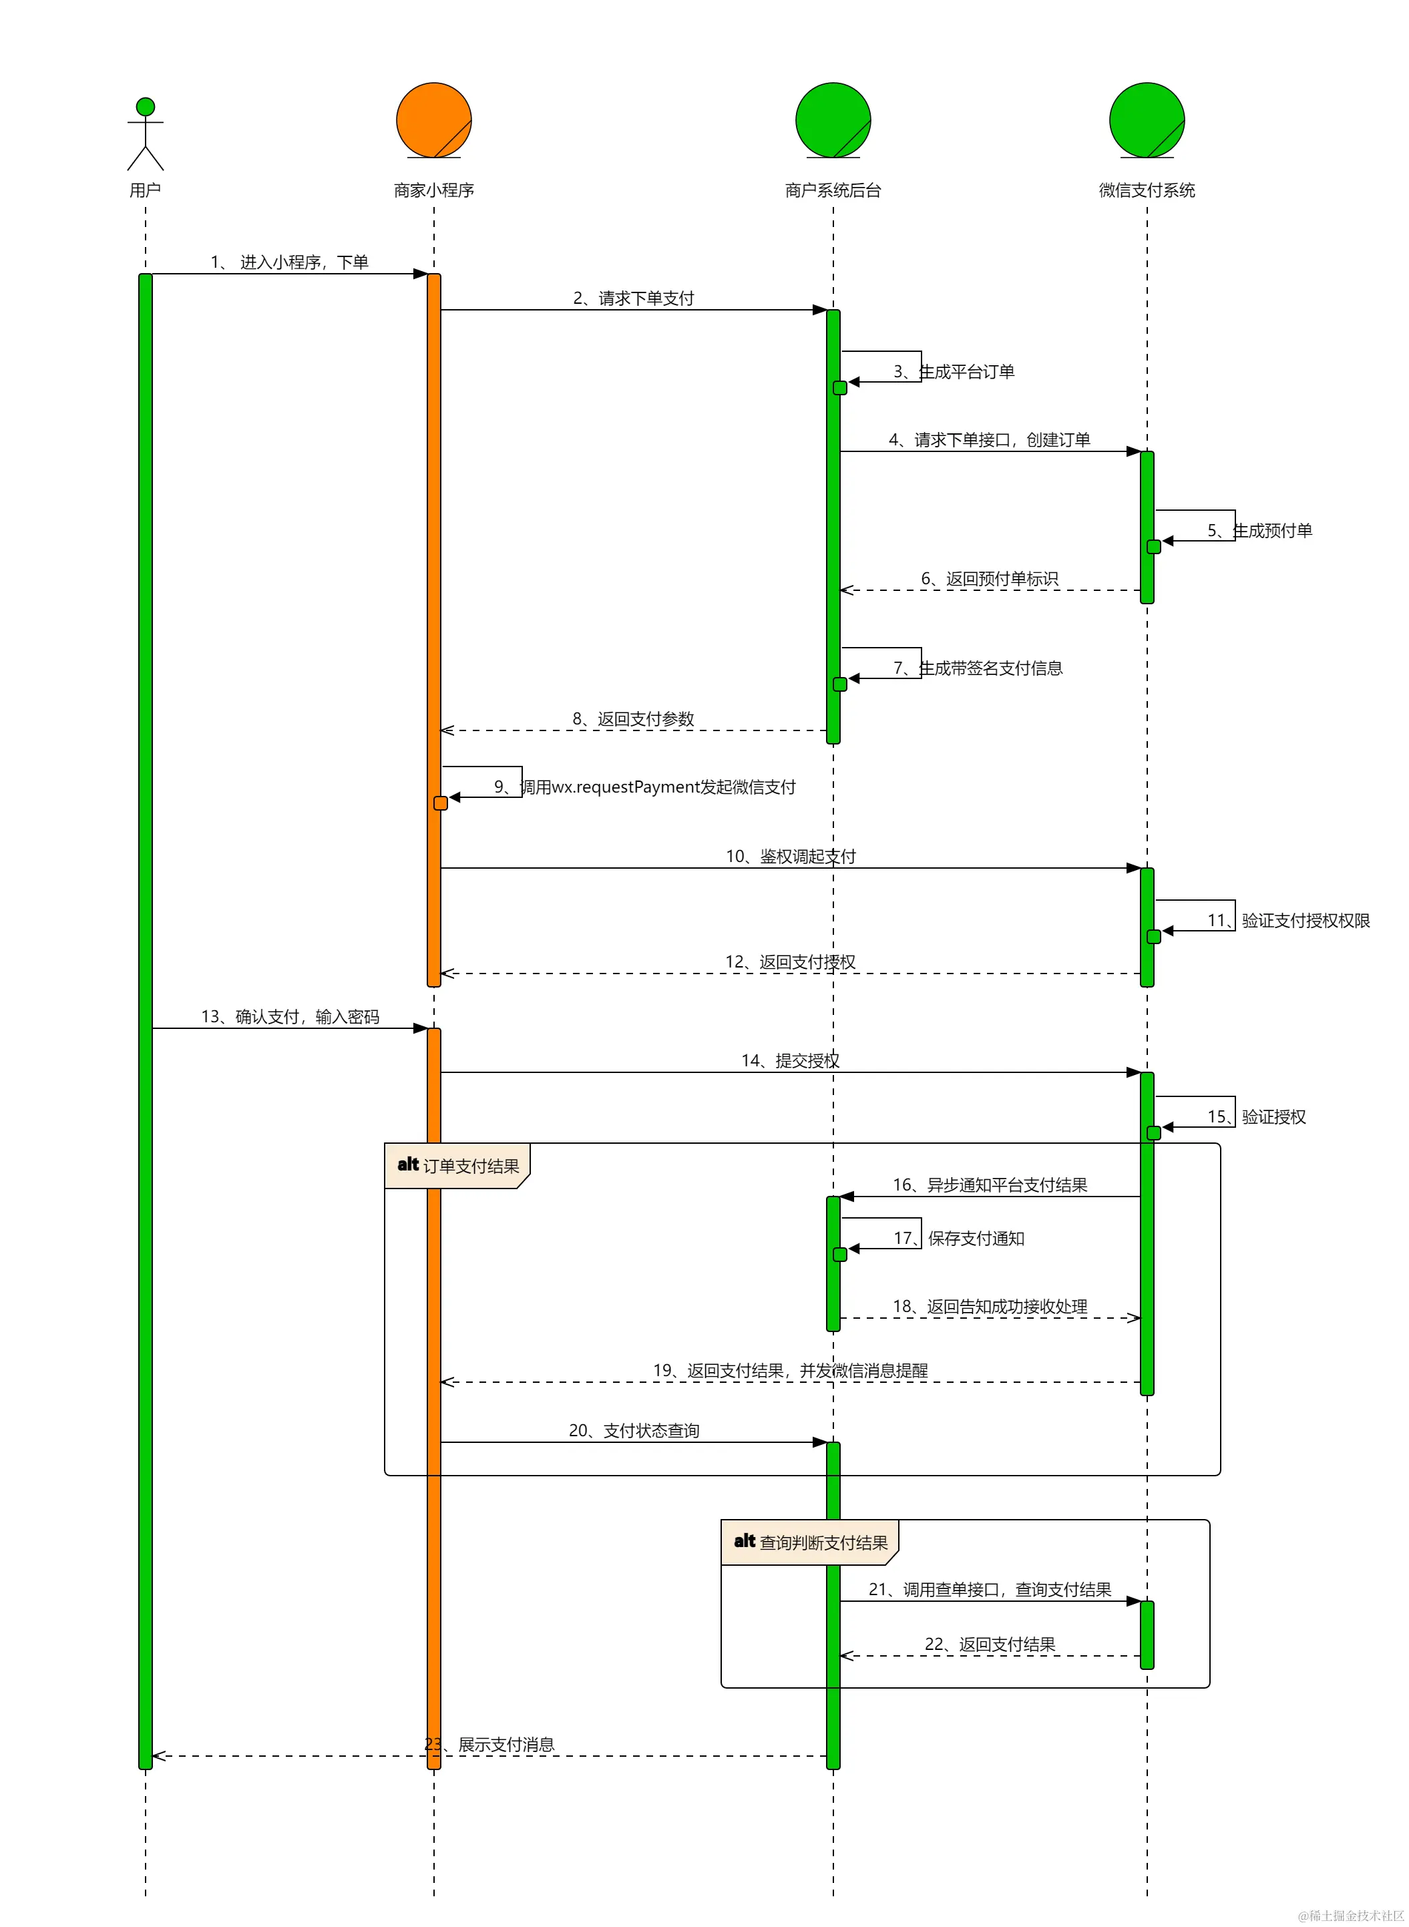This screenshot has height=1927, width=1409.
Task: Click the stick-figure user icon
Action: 145,134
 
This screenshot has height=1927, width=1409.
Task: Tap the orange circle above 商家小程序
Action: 434,120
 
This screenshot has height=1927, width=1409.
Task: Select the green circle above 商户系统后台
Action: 833,120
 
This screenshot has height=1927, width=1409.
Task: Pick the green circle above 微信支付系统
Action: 1147,120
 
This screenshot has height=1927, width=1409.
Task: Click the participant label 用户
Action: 145,190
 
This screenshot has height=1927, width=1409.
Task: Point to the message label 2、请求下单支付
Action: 634,298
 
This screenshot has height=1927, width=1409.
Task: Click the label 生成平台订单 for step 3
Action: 967,372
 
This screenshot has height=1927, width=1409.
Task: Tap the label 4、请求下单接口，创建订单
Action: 990,440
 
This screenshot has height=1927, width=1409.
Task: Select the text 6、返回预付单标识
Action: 990,579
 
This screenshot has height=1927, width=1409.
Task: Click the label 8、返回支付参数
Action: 634,719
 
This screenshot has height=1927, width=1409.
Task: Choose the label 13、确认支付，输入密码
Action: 290,1016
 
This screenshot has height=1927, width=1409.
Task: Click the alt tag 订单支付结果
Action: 458,1166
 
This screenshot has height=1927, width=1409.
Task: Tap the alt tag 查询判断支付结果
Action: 810,1542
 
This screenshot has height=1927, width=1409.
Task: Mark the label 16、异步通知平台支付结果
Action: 990,1185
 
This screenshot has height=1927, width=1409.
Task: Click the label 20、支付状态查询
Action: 634,1431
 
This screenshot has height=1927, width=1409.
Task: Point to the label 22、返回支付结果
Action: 990,1645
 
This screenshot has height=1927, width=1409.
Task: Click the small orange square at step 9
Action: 440,803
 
